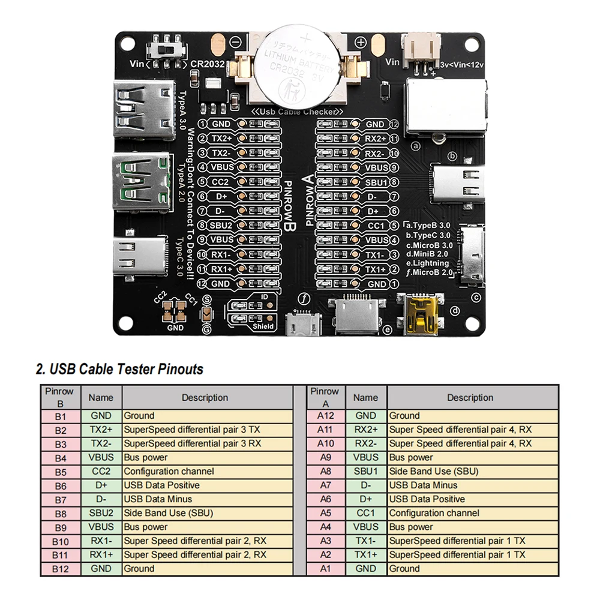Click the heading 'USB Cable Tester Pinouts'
[119, 369]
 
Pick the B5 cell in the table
[60, 472]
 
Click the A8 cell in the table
[325, 472]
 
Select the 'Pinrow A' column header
[325, 397]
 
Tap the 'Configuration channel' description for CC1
[434, 513]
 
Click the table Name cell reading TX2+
[101, 430]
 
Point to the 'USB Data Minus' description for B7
[158, 499]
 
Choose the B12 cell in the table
[60, 569]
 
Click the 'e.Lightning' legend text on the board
[427, 263]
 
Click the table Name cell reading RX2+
[366, 430]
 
